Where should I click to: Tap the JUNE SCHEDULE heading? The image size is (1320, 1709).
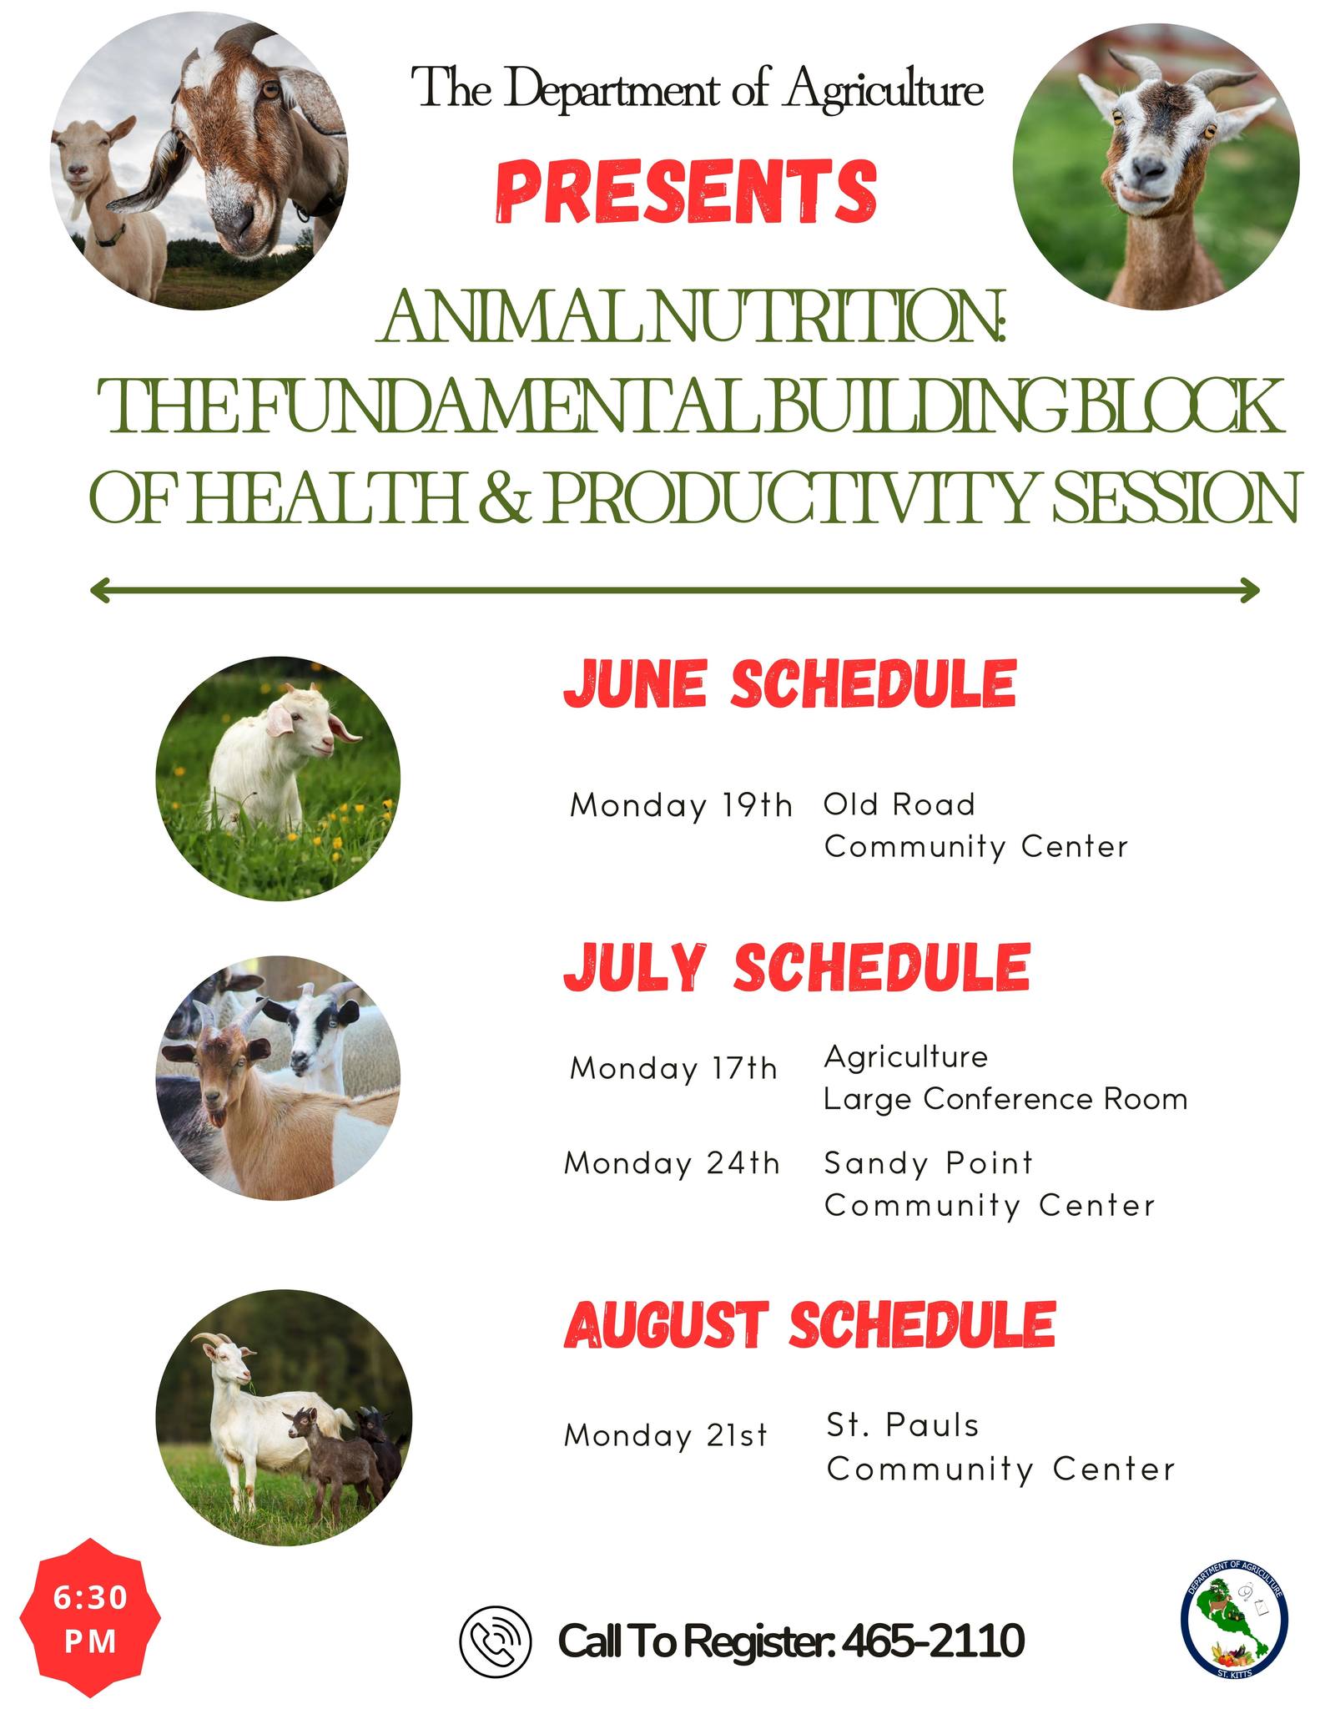point(790,683)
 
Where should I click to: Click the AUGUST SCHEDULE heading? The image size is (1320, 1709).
point(810,1324)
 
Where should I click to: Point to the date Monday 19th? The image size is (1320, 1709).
point(681,805)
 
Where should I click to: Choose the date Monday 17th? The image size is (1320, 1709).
point(673,1068)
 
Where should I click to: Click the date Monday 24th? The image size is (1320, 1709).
point(672,1162)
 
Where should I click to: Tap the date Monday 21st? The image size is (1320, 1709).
point(666,1434)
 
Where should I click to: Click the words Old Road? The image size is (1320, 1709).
point(899,804)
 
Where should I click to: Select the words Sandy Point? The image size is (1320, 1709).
point(929,1162)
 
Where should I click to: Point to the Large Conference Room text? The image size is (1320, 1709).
point(1005,1099)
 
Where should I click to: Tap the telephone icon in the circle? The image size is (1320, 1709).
point(496,1640)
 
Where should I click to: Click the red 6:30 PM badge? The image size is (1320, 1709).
point(90,1618)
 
